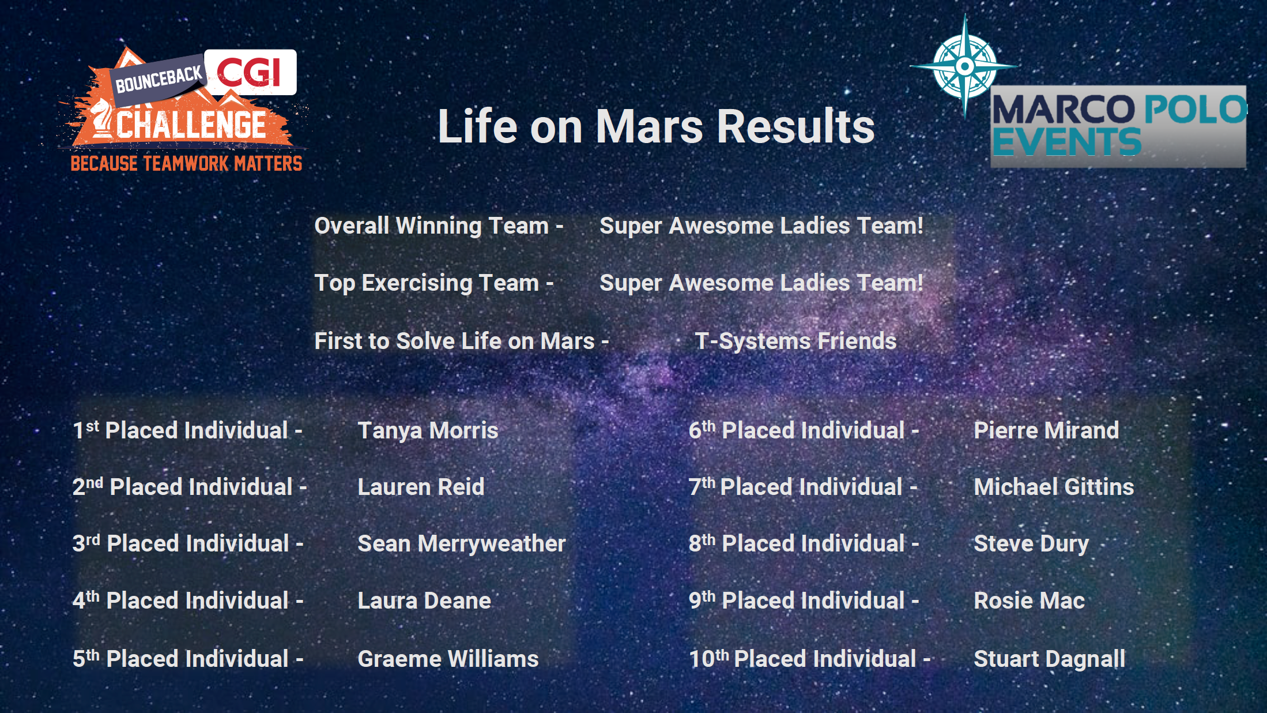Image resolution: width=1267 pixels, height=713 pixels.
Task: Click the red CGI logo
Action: point(249,72)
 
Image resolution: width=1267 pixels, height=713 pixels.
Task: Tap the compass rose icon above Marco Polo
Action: point(965,66)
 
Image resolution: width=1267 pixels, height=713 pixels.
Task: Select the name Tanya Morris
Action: point(428,431)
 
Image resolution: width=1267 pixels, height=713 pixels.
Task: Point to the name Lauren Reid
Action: point(421,487)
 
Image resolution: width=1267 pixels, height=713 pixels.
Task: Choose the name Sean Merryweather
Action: point(462,544)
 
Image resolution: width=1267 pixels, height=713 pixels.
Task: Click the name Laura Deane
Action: point(424,601)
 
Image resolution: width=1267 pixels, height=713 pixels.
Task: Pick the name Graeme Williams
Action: point(448,659)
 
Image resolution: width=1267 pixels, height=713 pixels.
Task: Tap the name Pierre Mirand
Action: point(1046,430)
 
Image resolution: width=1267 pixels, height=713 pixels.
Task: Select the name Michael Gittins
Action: point(1054,487)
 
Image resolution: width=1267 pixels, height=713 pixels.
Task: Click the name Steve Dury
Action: point(1031,544)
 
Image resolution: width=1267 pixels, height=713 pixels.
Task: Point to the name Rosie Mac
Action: point(1029,601)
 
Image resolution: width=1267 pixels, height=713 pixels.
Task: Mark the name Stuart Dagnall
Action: point(1049,659)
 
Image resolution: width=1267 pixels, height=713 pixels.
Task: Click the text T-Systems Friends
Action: point(795,342)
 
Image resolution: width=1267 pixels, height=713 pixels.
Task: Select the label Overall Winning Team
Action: point(431,226)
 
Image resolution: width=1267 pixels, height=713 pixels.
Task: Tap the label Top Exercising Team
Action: point(427,283)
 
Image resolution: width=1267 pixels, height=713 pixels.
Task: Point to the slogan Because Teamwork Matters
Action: point(186,164)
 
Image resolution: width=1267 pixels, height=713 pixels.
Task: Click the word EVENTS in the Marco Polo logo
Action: point(1066,141)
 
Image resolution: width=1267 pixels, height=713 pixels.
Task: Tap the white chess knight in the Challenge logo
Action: point(101,118)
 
